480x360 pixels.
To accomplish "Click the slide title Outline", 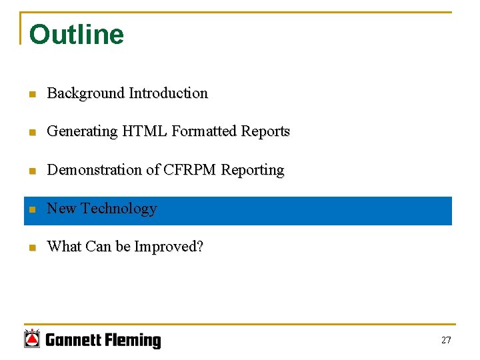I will click(x=77, y=35).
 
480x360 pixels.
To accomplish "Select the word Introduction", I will click(x=169, y=93).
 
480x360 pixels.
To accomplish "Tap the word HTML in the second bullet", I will click(x=144, y=131).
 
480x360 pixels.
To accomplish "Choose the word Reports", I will click(x=265, y=131).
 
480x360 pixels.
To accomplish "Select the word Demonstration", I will click(x=94, y=170).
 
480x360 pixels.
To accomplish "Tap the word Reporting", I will click(x=253, y=170).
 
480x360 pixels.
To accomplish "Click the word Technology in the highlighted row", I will click(x=119, y=209).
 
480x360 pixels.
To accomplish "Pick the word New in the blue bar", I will click(x=62, y=209).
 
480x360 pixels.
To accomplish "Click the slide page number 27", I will click(x=446, y=341).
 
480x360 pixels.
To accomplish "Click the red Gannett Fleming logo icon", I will click(x=32, y=339).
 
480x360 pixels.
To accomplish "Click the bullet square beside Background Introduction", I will click(x=31, y=95).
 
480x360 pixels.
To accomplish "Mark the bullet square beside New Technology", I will click(x=31, y=210).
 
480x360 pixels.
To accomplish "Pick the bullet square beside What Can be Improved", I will click(x=31, y=248).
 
